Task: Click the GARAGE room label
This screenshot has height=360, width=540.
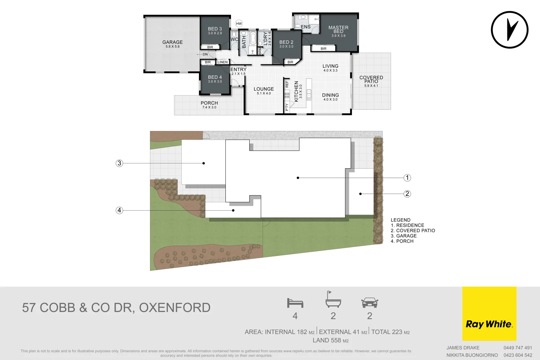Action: point(172,42)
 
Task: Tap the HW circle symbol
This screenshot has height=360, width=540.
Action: point(239,23)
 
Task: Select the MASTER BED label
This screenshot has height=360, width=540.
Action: point(338,29)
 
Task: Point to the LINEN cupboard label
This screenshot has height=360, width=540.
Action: point(223,62)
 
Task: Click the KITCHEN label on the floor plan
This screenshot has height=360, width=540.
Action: point(296,91)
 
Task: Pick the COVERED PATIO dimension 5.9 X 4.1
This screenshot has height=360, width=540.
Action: point(371,86)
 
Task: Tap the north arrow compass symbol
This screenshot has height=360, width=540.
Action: point(510,30)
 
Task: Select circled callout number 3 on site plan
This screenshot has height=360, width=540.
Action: point(119,163)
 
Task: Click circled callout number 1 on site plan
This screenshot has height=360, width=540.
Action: point(407,178)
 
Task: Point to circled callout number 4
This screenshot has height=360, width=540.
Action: point(119,210)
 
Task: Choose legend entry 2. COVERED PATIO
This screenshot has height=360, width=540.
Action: point(413,231)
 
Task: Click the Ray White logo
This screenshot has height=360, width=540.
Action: point(489,313)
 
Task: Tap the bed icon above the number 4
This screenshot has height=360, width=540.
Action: point(295,303)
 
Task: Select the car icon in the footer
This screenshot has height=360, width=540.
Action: point(370,303)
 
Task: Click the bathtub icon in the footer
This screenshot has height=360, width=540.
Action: point(333,299)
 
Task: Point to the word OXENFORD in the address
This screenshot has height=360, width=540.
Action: point(175,308)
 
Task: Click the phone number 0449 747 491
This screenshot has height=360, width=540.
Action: point(518,348)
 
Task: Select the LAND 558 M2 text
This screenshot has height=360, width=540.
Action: point(331,340)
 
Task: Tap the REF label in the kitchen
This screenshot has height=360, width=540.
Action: point(287,84)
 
